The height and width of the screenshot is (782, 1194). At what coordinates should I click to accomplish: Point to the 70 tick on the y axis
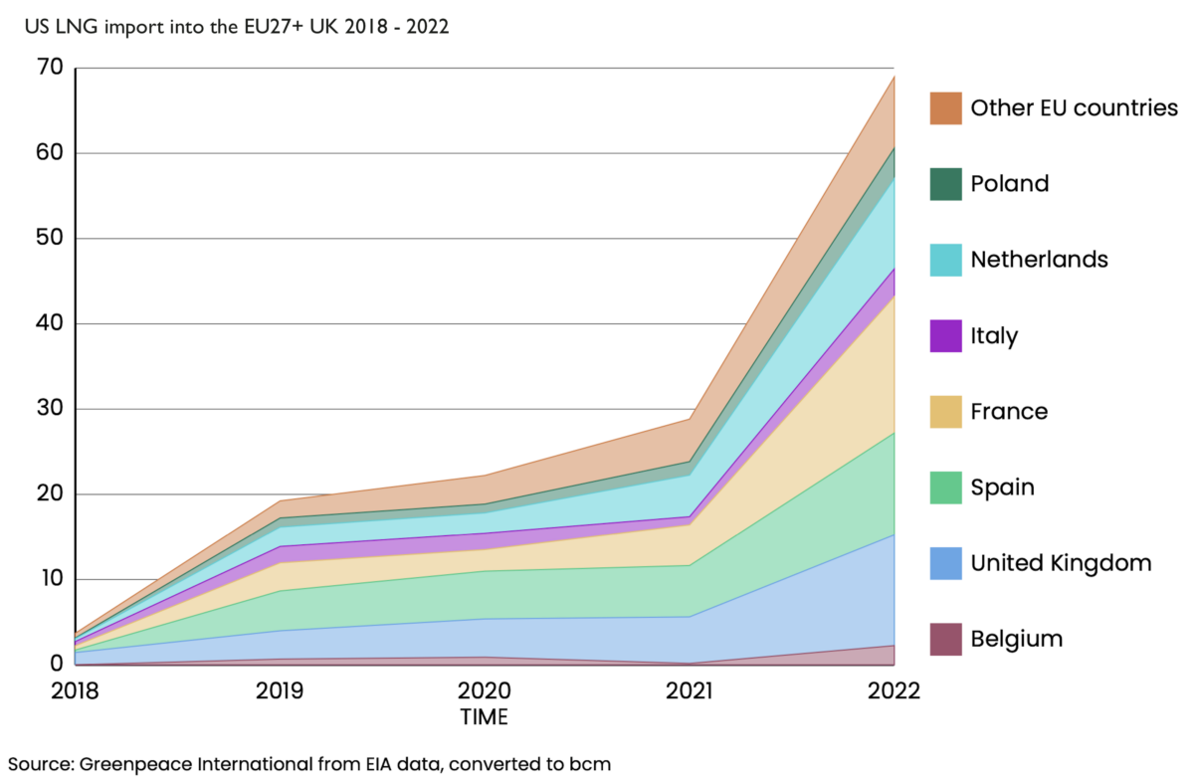click(x=49, y=69)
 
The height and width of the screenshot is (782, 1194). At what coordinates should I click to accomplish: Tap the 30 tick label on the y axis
click(x=49, y=409)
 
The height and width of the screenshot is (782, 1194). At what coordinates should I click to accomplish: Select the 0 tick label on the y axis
click(x=56, y=664)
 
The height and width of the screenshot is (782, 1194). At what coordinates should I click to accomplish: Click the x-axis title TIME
click(x=484, y=717)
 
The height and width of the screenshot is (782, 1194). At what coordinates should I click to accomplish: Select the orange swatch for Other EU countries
click(x=946, y=108)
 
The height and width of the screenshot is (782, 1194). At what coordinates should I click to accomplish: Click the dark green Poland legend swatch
click(x=946, y=184)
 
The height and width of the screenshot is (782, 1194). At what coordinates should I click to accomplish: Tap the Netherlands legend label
click(x=1039, y=260)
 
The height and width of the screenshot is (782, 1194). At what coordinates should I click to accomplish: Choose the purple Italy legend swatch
click(x=946, y=336)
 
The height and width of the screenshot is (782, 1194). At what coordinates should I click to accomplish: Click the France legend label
click(x=1009, y=412)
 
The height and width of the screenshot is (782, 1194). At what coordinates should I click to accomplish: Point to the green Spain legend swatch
click(x=946, y=488)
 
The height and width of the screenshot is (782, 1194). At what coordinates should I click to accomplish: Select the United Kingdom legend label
click(x=1061, y=563)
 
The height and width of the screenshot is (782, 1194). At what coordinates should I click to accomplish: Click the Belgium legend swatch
click(x=946, y=639)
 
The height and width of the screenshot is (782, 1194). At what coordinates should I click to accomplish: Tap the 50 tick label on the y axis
click(x=49, y=239)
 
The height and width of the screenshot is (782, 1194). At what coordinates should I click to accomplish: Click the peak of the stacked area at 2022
click(x=894, y=76)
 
